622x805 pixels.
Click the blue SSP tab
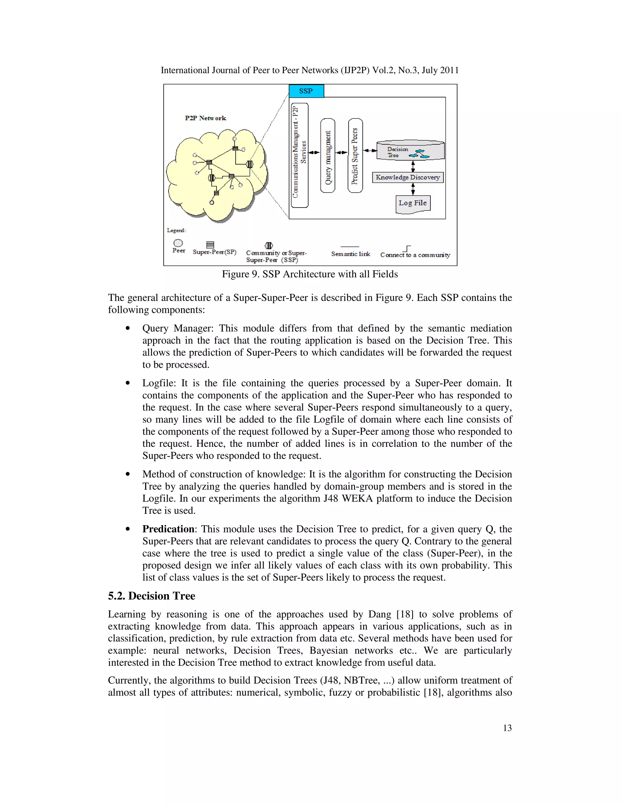306,91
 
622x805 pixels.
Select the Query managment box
328,156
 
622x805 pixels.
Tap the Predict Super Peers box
355,156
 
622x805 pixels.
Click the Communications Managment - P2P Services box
299,155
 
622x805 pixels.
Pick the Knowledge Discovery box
408,177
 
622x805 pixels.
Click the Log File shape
413,204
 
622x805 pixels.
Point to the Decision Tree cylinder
410,150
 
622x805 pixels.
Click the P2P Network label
205,118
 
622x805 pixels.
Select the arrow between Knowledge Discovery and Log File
413,189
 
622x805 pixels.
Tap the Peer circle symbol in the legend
178,243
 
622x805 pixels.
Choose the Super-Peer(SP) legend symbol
210,245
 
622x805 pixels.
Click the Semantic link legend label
350,254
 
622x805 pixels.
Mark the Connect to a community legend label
415,255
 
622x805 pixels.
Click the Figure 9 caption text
309,274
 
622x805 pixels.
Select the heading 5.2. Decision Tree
152,596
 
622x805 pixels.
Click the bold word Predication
168,529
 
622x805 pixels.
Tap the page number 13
507,728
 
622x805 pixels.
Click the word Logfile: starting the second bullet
159,383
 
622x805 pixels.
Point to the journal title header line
309,70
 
